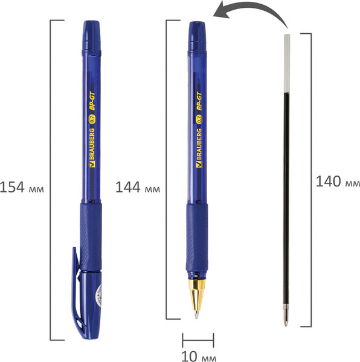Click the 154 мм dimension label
click(22, 186)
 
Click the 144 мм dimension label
click(138, 188)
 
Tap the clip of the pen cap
click(76, 290)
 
